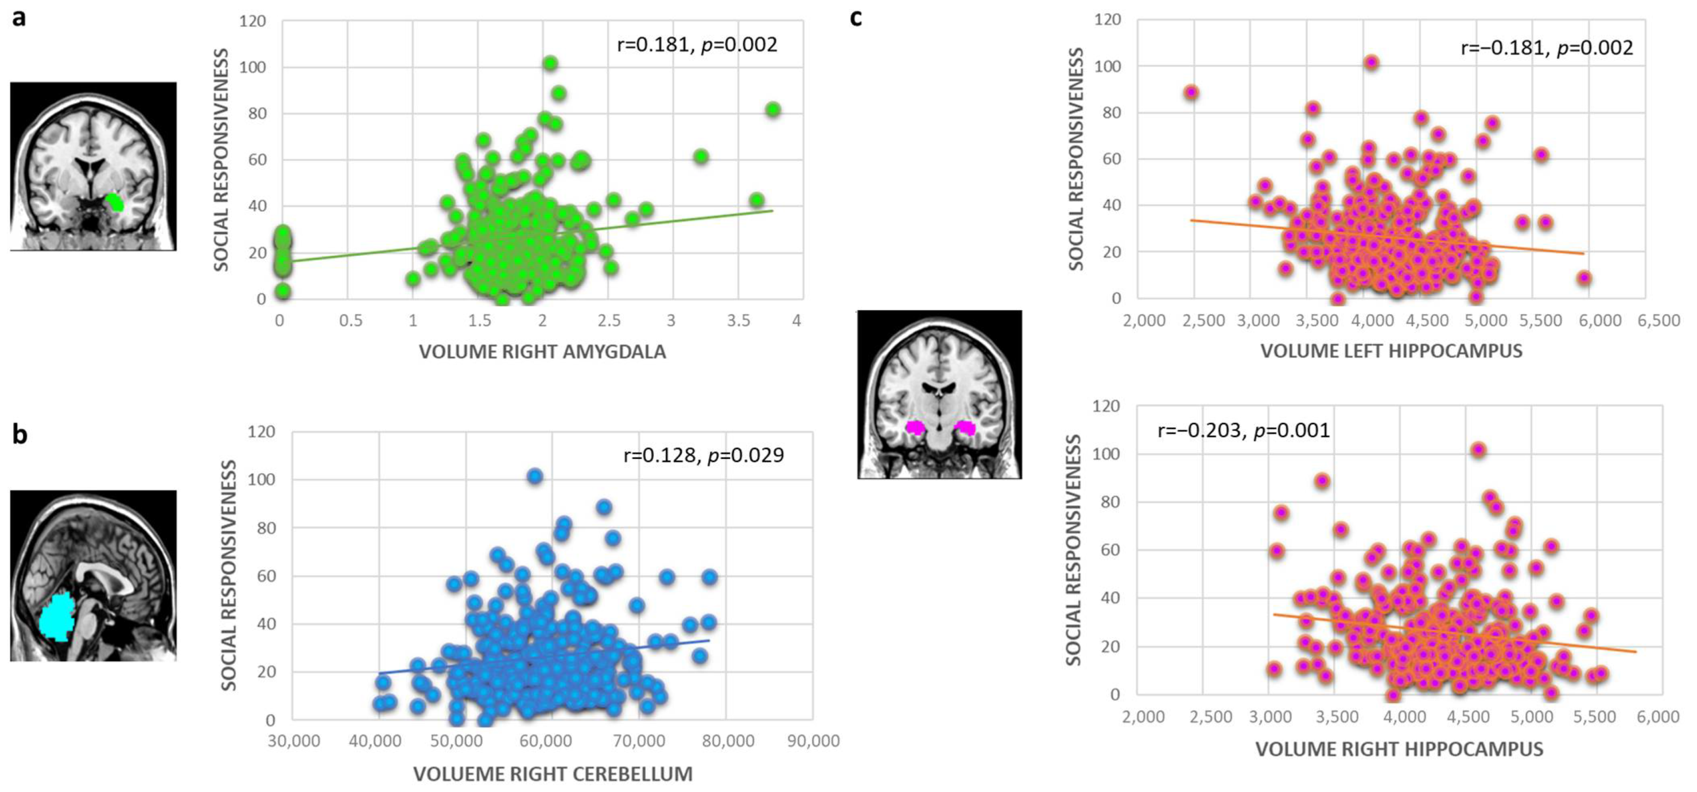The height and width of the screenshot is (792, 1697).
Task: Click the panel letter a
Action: tap(19, 18)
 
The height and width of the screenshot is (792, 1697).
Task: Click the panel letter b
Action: tap(20, 435)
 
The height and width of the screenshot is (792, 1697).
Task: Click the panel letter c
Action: tap(856, 18)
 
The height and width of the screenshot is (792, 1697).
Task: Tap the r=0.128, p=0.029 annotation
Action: tap(704, 455)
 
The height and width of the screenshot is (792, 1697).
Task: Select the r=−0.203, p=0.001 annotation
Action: tap(1244, 431)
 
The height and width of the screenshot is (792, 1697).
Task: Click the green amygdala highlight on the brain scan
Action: tap(115, 201)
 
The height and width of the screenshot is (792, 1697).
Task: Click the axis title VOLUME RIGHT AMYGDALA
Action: tap(542, 352)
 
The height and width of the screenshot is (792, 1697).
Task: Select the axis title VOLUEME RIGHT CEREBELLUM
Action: tap(553, 774)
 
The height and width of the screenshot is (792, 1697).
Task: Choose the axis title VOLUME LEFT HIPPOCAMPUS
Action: tap(1391, 351)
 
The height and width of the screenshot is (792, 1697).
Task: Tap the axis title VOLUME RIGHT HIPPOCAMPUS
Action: tap(1399, 749)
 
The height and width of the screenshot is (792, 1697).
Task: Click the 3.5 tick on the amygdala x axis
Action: tap(739, 321)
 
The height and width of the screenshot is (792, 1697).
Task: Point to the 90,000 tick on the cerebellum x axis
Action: tap(813, 742)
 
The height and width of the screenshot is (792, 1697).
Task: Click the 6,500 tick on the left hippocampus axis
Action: tap(1658, 321)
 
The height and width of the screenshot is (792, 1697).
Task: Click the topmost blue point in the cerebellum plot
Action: tap(535, 476)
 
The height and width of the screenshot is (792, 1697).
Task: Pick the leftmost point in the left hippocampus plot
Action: tap(1190, 93)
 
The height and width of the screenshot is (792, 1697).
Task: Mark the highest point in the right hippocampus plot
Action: tap(1478, 450)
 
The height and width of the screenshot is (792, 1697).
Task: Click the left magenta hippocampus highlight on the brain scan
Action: tap(915, 427)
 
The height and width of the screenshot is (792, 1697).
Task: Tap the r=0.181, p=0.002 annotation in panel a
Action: tap(697, 45)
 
